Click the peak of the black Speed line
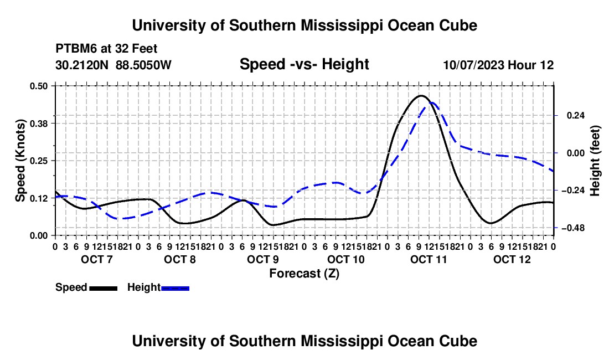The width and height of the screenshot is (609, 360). click(x=421, y=95)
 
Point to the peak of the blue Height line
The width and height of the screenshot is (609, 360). click(x=432, y=103)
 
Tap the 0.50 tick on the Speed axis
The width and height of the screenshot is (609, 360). click(x=38, y=86)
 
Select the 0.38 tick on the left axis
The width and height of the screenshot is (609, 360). click(x=38, y=124)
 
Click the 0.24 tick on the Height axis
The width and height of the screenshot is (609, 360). click(x=575, y=116)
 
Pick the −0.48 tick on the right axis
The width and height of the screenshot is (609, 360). click(x=573, y=228)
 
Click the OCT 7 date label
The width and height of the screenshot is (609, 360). click(x=97, y=259)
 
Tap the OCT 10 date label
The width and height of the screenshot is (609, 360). click(x=346, y=259)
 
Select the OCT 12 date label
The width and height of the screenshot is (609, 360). click(x=512, y=259)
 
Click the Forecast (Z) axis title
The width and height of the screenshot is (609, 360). click(x=304, y=274)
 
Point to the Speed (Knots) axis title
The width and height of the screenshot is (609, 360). click(x=20, y=161)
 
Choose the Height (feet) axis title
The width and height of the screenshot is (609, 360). click(x=595, y=161)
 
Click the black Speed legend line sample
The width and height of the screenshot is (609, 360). click(x=104, y=288)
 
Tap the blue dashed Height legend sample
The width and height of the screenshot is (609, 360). click(x=175, y=288)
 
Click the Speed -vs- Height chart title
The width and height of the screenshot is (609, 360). click(x=304, y=64)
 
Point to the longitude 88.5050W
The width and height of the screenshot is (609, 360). click(x=143, y=65)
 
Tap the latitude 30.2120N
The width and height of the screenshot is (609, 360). click(x=82, y=65)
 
